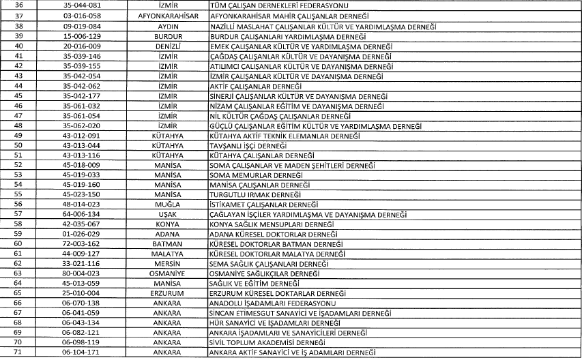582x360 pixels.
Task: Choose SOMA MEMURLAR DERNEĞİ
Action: tap(253, 175)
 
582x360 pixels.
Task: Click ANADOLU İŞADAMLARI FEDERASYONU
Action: tap(272, 303)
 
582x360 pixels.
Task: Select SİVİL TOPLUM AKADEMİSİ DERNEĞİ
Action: tap(267, 342)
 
